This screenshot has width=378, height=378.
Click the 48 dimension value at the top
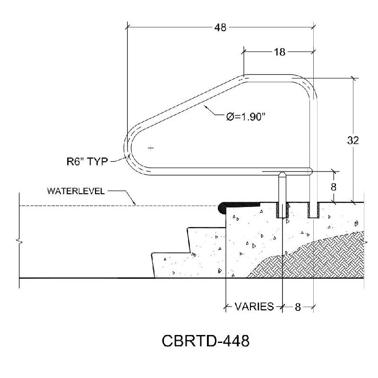221,27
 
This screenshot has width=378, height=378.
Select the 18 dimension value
279,52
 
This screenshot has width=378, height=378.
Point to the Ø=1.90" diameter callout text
246,117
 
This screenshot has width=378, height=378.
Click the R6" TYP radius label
87,162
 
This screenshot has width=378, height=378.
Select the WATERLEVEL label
76,191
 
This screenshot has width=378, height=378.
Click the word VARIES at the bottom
254,307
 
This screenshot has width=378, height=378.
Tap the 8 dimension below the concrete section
298,307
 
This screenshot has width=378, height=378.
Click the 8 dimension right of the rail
334,187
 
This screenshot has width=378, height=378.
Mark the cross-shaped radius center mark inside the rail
151,148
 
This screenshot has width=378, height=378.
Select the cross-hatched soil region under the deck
307,260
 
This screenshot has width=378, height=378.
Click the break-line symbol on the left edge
19,241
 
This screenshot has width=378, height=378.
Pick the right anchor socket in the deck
313,210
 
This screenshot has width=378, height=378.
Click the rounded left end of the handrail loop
127,148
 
